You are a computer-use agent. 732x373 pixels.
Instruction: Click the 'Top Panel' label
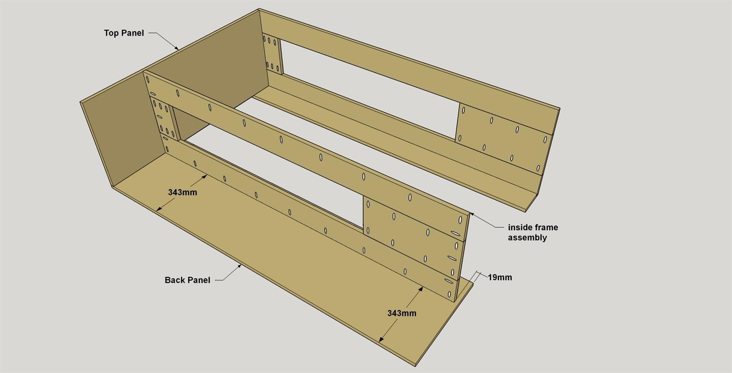124,33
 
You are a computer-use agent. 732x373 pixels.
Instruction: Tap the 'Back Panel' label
187,280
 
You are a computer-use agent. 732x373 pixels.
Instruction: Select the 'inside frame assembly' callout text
533,232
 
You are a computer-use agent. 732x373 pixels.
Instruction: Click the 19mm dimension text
500,277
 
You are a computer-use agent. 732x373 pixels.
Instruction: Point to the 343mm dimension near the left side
183,192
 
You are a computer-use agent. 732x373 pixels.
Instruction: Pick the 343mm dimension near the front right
401,313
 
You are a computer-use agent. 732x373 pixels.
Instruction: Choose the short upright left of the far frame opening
273,53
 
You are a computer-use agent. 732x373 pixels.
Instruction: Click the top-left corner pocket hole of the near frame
148,79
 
